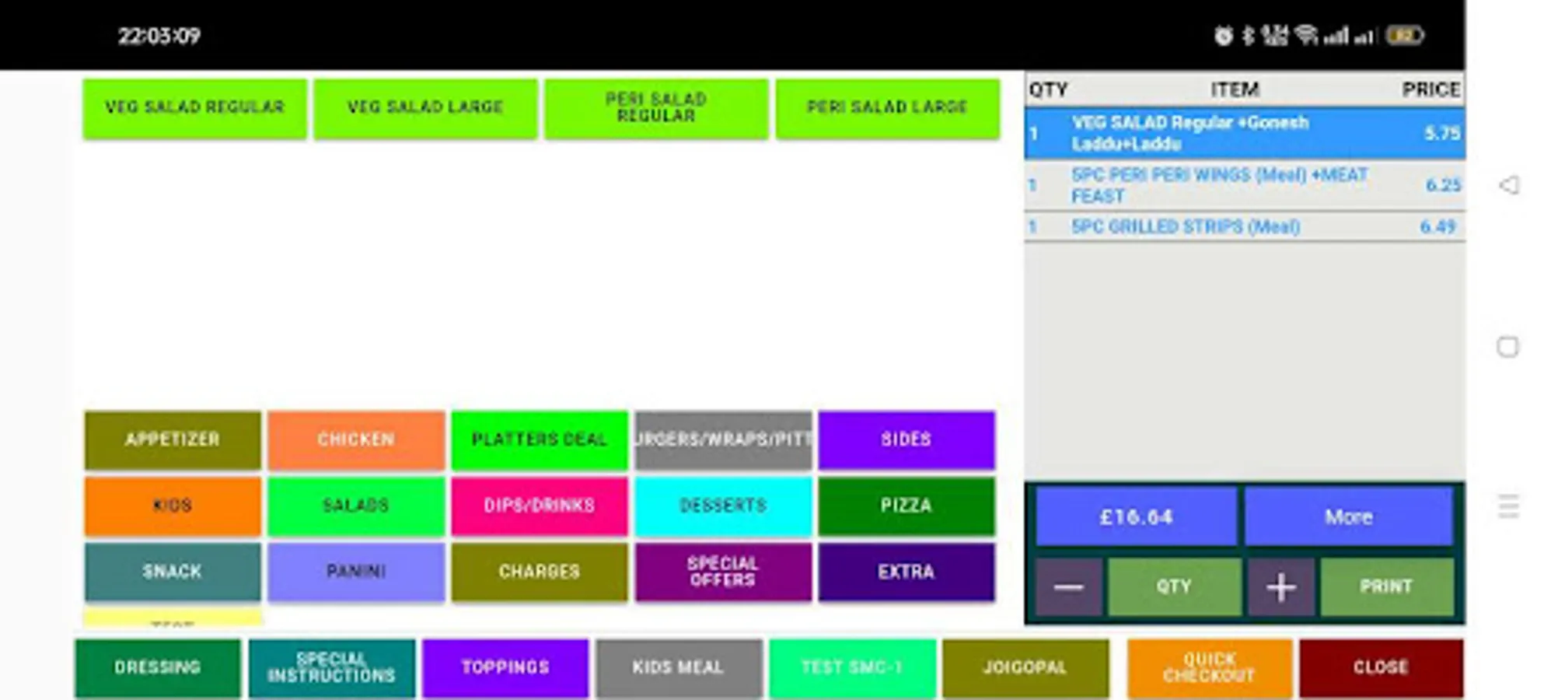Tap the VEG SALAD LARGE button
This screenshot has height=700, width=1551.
(425, 108)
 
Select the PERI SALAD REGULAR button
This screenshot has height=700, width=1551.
(656, 108)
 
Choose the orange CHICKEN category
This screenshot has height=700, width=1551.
(356, 440)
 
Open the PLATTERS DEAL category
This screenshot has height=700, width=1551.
(539, 440)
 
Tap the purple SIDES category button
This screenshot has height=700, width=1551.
(906, 440)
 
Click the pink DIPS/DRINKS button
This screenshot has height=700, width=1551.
(539, 506)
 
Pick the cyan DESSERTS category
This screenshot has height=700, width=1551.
(722, 506)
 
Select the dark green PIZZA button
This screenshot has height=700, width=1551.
(906, 506)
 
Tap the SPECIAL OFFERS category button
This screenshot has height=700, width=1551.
(722, 572)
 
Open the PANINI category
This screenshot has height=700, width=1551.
(356, 572)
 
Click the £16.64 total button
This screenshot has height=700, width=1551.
(1136, 517)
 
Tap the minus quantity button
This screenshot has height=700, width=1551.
(1069, 587)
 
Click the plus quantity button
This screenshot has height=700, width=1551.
(1280, 587)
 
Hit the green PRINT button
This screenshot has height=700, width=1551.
(1386, 587)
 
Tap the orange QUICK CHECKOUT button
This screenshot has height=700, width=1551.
(1209, 668)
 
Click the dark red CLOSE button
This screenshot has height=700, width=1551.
(1381, 668)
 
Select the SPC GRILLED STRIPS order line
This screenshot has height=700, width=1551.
(1185, 227)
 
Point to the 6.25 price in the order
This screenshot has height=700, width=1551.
(1442, 185)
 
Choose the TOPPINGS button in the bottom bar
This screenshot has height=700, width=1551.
(505, 668)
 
